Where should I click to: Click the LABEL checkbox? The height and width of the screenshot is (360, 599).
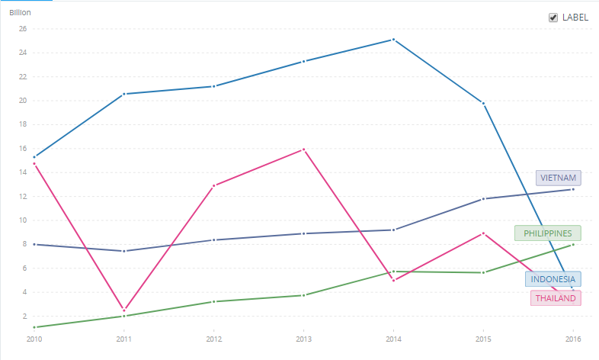[x=553, y=18]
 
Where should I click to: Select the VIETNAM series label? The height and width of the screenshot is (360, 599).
[x=558, y=178]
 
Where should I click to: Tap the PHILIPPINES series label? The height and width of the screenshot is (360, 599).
[x=547, y=233]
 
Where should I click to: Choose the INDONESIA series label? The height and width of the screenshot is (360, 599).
[x=553, y=279]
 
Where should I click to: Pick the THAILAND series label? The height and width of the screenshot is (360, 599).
[x=555, y=298]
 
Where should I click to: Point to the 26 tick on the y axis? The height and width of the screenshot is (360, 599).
[x=22, y=29]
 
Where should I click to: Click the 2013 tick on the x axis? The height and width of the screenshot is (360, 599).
[x=303, y=338]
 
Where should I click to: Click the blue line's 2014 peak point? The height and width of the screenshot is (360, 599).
[x=393, y=39]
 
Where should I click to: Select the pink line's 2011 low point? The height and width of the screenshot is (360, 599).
[x=123, y=310]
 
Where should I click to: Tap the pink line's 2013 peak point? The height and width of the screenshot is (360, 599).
[x=303, y=149]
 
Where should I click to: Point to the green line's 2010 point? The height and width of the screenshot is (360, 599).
[x=34, y=327]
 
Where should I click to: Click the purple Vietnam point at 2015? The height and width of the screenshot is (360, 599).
[x=483, y=199]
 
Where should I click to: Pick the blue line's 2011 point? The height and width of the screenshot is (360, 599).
[x=123, y=94]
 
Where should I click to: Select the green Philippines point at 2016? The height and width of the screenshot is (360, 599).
[x=572, y=244]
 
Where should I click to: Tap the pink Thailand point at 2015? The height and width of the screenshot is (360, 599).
[x=483, y=233]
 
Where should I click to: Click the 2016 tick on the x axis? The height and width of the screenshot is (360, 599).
[x=572, y=338]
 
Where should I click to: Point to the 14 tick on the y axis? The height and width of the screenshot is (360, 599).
[x=22, y=172]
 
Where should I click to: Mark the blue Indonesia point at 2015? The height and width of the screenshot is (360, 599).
[x=483, y=103]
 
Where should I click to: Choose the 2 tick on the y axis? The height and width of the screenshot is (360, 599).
[x=24, y=316]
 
